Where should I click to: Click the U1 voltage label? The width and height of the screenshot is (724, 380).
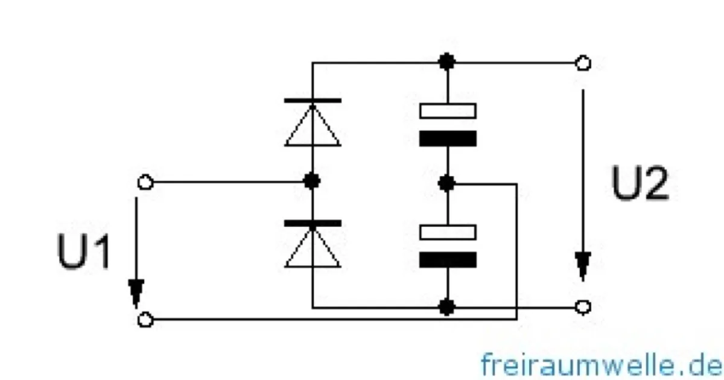pyautogui.click(x=84, y=251)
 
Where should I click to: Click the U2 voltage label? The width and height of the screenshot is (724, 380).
pyautogui.click(x=640, y=183)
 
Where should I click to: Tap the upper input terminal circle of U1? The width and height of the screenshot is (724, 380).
pyautogui.click(x=145, y=182)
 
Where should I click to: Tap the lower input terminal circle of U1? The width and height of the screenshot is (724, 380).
pyautogui.click(x=145, y=320)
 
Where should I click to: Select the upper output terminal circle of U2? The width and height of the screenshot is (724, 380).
pyautogui.click(x=583, y=63)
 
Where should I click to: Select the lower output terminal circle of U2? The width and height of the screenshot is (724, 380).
pyautogui.click(x=583, y=307)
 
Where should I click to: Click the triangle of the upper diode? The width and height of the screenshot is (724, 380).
pyautogui.click(x=313, y=126)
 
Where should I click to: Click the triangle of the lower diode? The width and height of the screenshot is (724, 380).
pyautogui.click(x=313, y=248)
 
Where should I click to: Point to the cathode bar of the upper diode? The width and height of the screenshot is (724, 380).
pyautogui.click(x=313, y=101)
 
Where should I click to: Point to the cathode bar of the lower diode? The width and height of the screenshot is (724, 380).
pyautogui.click(x=313, y=223)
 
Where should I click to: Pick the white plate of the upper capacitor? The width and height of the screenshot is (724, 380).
pyautogui.click(x=448, y=111)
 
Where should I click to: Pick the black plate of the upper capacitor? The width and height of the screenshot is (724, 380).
pyautogui.click(x=448, y=138)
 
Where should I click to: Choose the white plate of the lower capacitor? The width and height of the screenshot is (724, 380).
pyautogui.click(x=448, y=232)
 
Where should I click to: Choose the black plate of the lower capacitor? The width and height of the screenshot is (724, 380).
pyautogui.click(x=448, y=260)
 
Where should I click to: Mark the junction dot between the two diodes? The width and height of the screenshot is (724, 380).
pyautogui.click(x=313, y=181)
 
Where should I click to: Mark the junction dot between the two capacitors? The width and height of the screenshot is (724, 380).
pyautogui.click(x=446, y=183)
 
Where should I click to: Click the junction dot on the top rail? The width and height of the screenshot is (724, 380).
pyautogui.click(x=447, y=62)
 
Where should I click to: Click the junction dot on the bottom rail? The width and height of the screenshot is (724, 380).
pyautogui.click(x=447, y=307)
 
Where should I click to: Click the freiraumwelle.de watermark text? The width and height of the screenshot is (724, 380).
pyautogui.click(x=601, y=365)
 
